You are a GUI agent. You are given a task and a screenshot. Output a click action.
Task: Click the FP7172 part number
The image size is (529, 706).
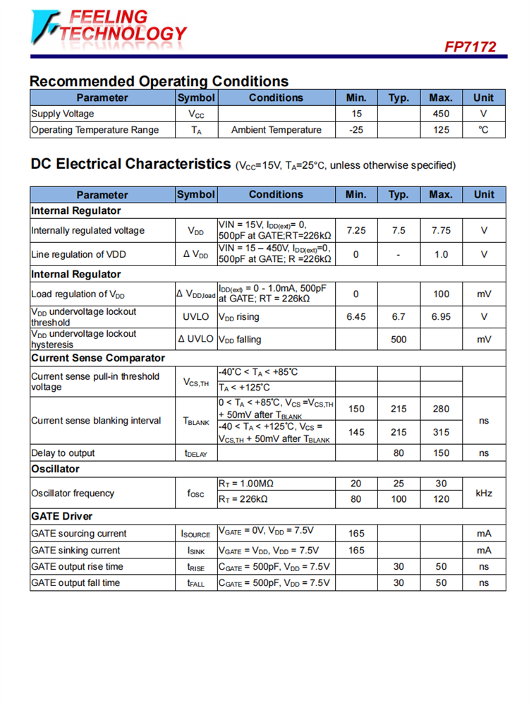tap(470, 47)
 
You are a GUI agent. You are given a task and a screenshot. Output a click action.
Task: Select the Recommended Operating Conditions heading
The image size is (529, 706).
tap(159, 81)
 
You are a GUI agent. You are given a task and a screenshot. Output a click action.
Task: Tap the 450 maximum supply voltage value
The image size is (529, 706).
tap(441, 114)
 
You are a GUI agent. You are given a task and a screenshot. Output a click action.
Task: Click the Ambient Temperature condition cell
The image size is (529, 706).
tap(276, 130)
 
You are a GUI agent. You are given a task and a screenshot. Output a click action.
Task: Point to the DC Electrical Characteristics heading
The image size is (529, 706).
tap(130, 164)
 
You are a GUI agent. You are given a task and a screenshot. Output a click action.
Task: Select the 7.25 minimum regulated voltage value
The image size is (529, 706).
tap(356, 230)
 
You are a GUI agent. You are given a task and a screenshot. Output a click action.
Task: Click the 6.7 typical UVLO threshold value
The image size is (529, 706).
tap(399, 317)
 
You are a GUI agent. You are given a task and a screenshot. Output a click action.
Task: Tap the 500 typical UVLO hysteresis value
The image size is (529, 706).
tap(399, 340)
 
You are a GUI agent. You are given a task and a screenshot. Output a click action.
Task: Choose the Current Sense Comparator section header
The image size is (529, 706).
tap(98, 358)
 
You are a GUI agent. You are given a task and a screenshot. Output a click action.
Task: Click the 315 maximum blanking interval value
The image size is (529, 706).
tap(441, 432)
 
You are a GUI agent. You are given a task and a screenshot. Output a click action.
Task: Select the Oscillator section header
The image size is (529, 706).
tap(55, 469)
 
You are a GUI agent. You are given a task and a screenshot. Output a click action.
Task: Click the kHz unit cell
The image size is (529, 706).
tap(483, 493)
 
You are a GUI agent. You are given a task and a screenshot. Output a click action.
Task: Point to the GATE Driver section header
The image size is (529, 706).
tap(62, 516)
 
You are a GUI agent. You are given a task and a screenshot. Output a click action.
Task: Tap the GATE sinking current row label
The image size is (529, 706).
tap(75, 550)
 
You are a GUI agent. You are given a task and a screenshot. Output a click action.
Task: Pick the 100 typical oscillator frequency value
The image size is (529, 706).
tap(399, 499)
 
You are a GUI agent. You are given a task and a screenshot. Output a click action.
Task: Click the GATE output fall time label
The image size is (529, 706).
tap(75, 582)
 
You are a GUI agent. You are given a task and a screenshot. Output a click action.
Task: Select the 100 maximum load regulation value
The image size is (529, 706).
tap(441, 294)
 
